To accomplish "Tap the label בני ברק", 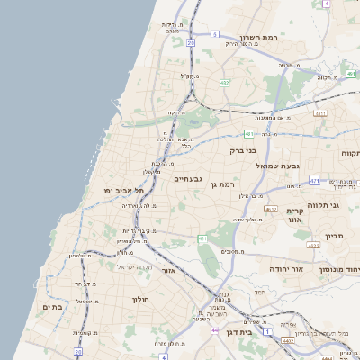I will tap(244, 150).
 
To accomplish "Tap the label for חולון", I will tap(139, 298).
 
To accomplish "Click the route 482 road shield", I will tap(224, 83).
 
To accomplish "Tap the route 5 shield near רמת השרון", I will tap(215, 33).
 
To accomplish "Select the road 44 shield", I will tap(215, 331).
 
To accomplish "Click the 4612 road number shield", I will tap(270, 209).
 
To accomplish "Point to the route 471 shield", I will tap(314, 181).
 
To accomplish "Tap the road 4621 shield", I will tap(320, 114).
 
